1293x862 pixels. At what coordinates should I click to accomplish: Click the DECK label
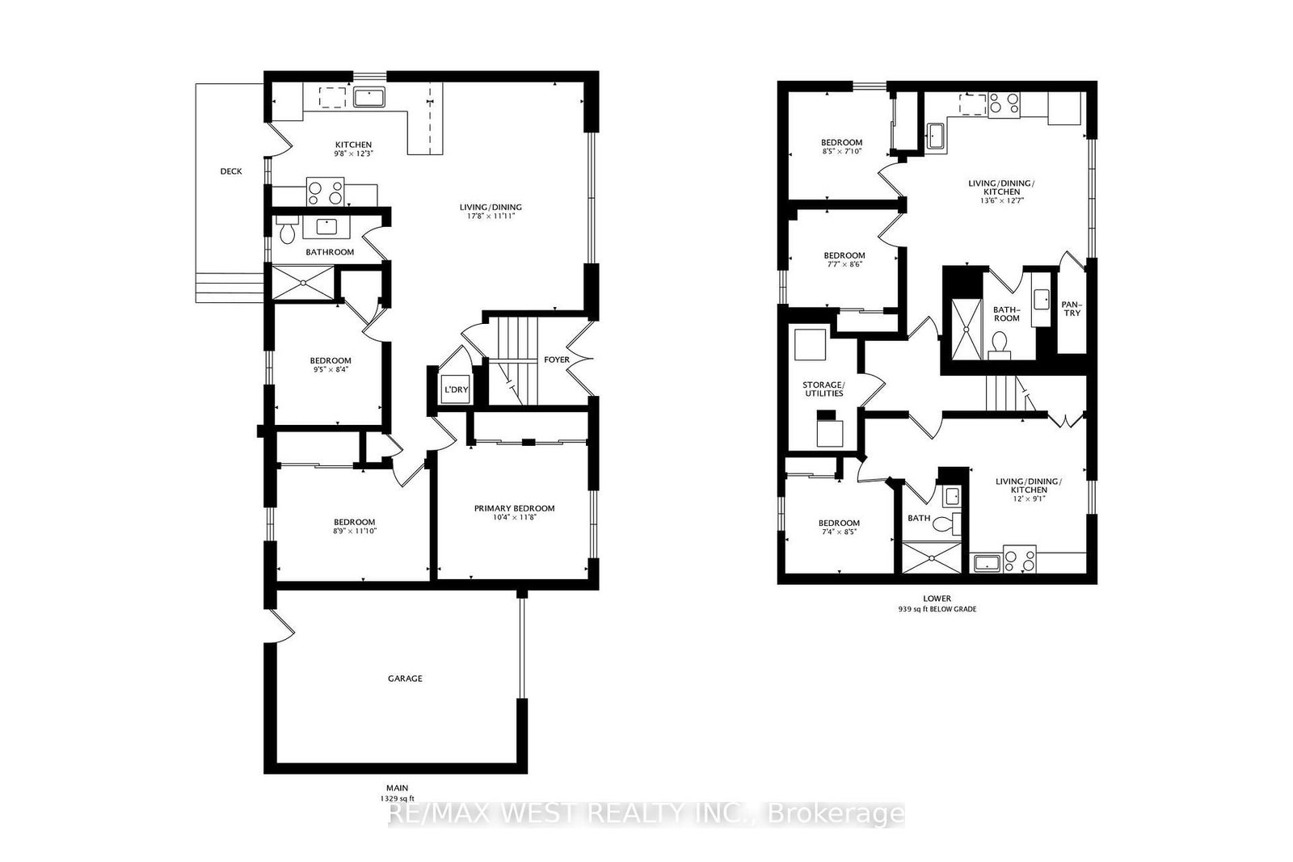[x=231, y=171]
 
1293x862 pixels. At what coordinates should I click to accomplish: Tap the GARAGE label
[x=405, y=679]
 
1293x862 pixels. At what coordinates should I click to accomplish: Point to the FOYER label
[x=557, y=360]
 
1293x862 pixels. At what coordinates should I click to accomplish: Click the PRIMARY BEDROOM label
[x=514, y=508]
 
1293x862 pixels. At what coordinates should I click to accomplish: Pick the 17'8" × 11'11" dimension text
[x=491, y=217]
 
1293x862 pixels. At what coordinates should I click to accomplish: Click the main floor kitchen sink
[x=369, y=97]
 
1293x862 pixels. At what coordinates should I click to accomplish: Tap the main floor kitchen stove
[x=325, y=191]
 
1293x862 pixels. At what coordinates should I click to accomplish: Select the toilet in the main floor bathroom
[x=287, y=230]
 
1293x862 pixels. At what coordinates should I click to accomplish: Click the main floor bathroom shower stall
[x=303, y=283]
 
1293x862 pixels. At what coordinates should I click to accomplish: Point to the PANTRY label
[x=1072, y=309]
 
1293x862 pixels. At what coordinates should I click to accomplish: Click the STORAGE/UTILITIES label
[x=823, y=389]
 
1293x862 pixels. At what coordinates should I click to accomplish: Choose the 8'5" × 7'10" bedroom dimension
[x=841, y=151]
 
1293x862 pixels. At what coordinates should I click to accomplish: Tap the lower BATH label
[x=919, y=518]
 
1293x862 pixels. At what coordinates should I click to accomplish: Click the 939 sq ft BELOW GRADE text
[x=937, y=608]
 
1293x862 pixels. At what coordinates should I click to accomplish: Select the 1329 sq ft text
[x=397, y=798]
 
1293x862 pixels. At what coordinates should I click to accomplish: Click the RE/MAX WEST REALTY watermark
[x=646, y=814]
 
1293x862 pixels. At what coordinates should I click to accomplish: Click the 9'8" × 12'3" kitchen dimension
[x=353, y=153]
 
